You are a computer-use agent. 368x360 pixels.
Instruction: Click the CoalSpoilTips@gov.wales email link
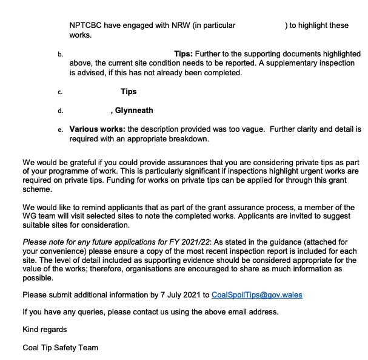pos(256,295)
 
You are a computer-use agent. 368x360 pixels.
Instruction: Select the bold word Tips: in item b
pos(184,53)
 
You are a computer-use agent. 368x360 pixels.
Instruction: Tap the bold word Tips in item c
pos(129,92)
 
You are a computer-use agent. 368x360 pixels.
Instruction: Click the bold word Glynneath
pos(134,110)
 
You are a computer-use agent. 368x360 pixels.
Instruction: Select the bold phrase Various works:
pos(97,129)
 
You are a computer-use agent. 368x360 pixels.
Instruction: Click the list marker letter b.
pos(60,55)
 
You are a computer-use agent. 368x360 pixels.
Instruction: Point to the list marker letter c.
pos(60,92)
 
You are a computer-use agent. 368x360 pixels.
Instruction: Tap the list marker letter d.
pos(60,111)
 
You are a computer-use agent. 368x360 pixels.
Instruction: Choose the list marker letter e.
pos(60,130)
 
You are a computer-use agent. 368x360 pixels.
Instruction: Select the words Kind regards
pos(45,330)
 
